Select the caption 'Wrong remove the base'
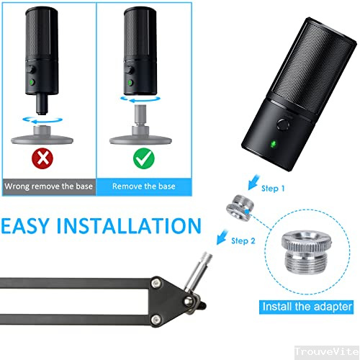point(47,186)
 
